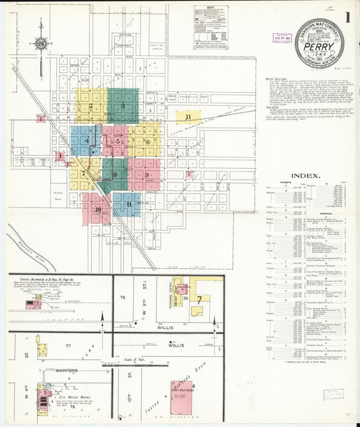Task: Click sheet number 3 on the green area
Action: click(x=123, y=106)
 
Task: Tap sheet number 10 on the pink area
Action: click(x=98, y=209)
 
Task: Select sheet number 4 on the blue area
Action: click(x=87, y=141)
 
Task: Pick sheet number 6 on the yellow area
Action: click(x=147, y=141)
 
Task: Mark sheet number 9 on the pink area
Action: click(x=146, y=175)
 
